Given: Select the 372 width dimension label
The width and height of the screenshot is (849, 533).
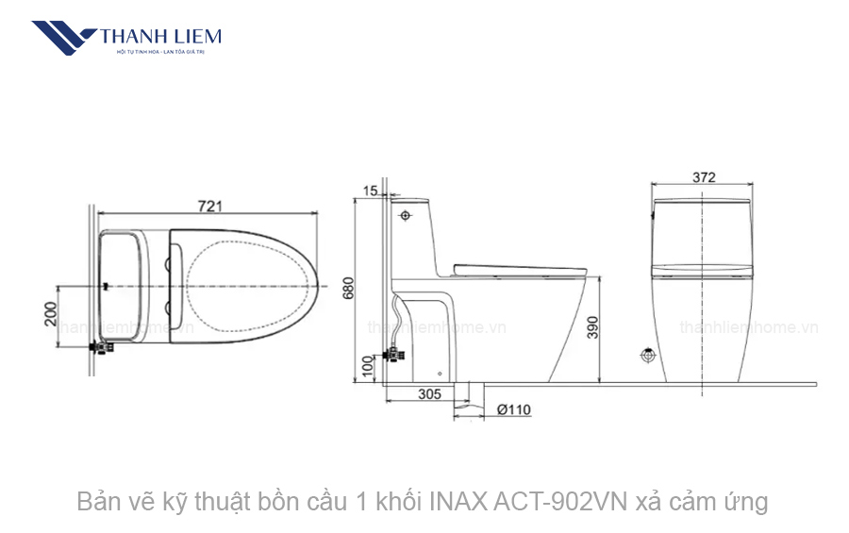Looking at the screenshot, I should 703,177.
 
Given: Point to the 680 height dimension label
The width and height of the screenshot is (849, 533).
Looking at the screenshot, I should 348,289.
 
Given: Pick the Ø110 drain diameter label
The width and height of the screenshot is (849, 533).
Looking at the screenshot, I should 513,409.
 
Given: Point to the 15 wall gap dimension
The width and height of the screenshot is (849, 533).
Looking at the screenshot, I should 370,191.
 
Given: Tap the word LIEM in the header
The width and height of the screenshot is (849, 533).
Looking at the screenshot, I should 195,37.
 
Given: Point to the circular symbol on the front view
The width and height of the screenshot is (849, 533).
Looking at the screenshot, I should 648,357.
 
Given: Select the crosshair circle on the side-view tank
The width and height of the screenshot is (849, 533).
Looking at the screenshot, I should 406,216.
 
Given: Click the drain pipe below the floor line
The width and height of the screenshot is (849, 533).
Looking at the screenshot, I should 469,396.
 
